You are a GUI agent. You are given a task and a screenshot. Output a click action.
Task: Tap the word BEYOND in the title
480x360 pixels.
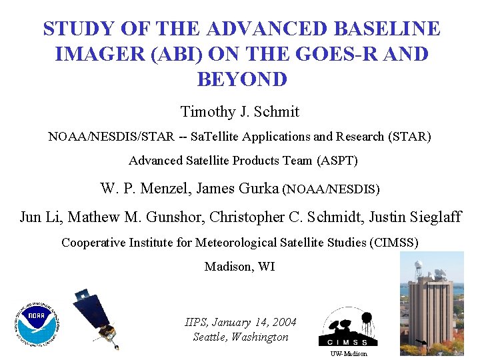point(241,79)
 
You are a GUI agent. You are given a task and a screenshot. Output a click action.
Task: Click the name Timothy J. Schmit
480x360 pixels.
point(240,111)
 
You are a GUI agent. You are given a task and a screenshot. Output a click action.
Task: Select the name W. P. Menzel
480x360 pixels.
point(145,189)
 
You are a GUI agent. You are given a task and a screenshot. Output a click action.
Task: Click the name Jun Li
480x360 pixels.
point(37,217)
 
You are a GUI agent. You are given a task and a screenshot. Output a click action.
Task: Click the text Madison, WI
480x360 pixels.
point(239,267)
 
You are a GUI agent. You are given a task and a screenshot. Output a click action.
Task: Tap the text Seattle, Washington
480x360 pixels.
point(241,337)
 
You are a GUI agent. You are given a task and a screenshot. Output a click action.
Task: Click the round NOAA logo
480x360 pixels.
point(36,325)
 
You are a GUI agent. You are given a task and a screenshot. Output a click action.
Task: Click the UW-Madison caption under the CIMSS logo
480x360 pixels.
point(349,354)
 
